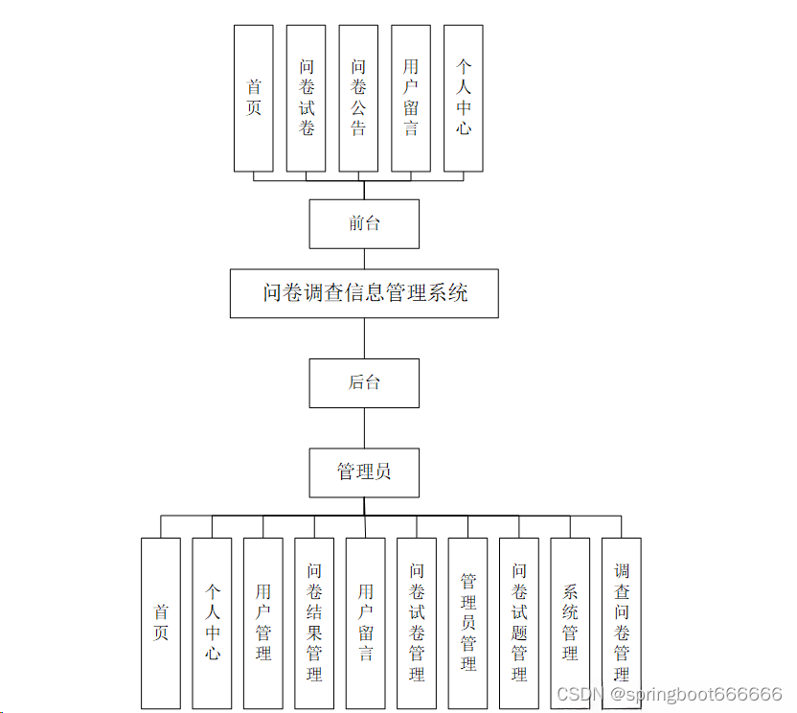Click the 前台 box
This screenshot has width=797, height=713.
tap(364, 223)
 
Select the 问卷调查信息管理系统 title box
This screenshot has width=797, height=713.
tap(364, 293)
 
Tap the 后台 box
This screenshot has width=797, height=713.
tap(364, 382)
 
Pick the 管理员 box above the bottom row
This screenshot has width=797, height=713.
tap(364, 472)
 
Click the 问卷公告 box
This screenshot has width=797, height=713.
tap(358, 98)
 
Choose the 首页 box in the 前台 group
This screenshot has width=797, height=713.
tap(254, 98)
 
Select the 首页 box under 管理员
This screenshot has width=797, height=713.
tap(161, 623)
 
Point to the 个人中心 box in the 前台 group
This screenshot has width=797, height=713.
tap(464, 98)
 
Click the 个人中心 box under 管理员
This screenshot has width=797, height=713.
tap(212, 623)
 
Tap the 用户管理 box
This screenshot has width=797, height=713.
tap(263, 623)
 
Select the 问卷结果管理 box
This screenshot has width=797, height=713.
tap(314, 623)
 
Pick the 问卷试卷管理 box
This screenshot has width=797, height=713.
tap(417, 623)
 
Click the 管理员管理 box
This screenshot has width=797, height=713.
tap(468, 623)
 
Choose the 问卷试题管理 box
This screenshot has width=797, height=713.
tap(519, 623)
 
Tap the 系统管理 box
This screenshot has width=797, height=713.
tap(570, 623)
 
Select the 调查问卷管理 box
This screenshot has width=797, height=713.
tap(622, 623)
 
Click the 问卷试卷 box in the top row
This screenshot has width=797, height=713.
tap(307, 98)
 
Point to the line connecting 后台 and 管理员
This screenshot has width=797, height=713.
tap(364, 427)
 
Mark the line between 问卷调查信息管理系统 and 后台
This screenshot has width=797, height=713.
tap(364, 337)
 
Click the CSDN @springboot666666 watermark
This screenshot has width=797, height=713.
tap(669, 694)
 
